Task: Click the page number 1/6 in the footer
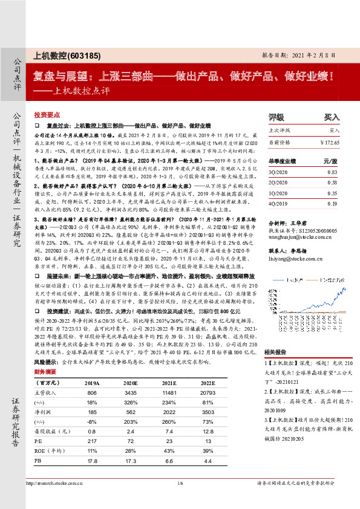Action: pyautogui.click(x=180, y=499)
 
